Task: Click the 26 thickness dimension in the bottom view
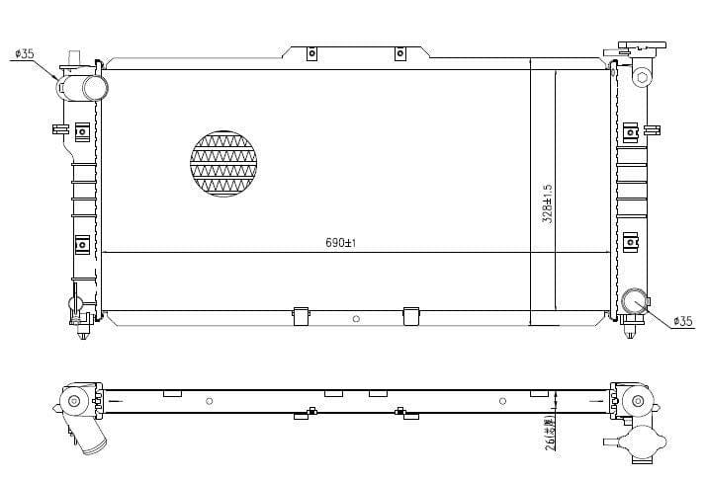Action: [547, 433]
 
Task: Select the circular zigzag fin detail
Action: [222, 162]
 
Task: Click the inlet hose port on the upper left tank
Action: [95, 88]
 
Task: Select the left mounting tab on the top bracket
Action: [310, 53]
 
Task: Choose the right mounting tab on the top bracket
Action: [400, 53]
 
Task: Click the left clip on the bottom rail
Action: [301, 316]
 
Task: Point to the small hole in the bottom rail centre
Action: [356, 319]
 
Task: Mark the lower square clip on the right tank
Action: [630, 240]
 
